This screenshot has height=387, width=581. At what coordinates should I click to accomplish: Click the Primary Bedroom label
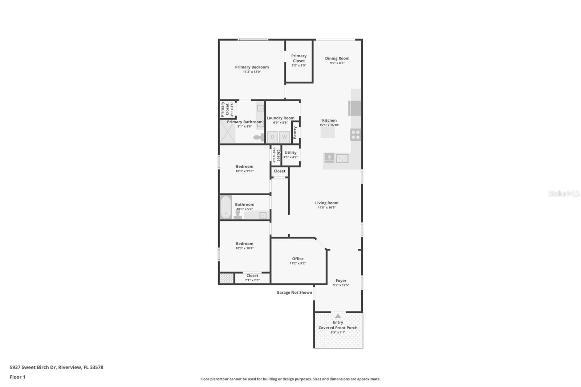[x=252, y=67]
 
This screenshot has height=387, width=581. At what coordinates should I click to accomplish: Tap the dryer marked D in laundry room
[x=273, y=137]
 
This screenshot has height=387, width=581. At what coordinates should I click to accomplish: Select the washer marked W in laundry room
[x=285, y=137]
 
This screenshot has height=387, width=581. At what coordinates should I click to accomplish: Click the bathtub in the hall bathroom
[x=226, y=207]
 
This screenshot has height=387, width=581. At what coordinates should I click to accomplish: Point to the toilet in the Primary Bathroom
[x=259, y=137]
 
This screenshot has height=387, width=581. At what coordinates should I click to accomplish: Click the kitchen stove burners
[x=355, y=135]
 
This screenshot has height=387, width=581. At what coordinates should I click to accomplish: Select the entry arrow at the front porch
[x=338, y=316]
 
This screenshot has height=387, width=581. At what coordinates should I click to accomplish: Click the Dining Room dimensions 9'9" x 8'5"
[x=337, y=63]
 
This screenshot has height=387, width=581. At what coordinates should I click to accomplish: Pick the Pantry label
[x=295, y=133]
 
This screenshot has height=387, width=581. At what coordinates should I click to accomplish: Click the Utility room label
[x=290, y=153]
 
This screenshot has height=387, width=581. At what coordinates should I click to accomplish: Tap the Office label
[x=298, y=259]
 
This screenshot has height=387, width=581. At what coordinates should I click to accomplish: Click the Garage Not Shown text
[x=294, y=293]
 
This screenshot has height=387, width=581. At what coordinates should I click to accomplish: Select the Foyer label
[x=341, y=281]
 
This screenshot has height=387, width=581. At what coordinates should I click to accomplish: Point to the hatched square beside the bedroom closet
[x=226, y=278]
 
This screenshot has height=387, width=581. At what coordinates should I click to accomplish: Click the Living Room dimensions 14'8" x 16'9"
[x=326, y=208]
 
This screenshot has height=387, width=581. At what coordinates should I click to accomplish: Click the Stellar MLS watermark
[x=564, y=193]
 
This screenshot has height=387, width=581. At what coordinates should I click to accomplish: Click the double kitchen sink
[x=342, y=158]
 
